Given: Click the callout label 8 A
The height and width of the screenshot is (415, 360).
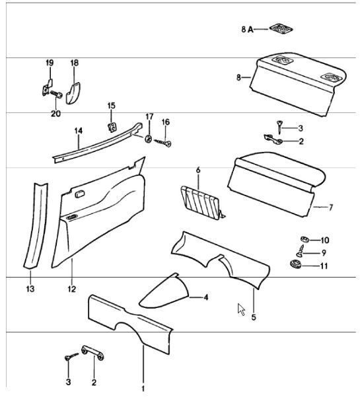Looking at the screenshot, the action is [247, 29].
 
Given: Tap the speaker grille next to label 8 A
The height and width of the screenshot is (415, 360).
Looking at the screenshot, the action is [281, 28].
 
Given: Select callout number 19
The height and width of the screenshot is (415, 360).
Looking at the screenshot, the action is [50, 63].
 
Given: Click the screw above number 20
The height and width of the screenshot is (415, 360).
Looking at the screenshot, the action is [56, 94].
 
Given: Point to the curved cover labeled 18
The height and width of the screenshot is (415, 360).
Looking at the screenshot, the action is [73, 93].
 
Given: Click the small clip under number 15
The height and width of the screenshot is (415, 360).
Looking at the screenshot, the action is [112, 128].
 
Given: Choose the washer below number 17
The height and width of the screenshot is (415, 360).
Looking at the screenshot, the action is [149, 138].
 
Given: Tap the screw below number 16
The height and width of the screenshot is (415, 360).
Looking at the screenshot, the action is [162, 143].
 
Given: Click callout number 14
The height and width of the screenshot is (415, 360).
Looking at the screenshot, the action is [79, 131].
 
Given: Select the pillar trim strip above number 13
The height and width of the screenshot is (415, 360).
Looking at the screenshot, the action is [36, 226].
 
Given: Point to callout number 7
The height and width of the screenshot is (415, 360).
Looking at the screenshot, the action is [331, 207].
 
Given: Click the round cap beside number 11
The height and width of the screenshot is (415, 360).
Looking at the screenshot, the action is [295, 264].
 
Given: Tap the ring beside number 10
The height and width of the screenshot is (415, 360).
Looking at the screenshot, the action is [305, 239].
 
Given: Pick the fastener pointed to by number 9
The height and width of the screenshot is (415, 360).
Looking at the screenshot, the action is [301, 251].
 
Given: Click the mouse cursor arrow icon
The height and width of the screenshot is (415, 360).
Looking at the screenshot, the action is [241, 309].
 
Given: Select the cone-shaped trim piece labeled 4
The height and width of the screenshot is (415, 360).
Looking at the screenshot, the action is [164, 291].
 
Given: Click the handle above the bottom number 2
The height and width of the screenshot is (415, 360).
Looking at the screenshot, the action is [93, 352].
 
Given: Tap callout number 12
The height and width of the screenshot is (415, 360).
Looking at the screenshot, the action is [72, 289].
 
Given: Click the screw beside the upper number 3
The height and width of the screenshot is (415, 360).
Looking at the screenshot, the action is [279, 128].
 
